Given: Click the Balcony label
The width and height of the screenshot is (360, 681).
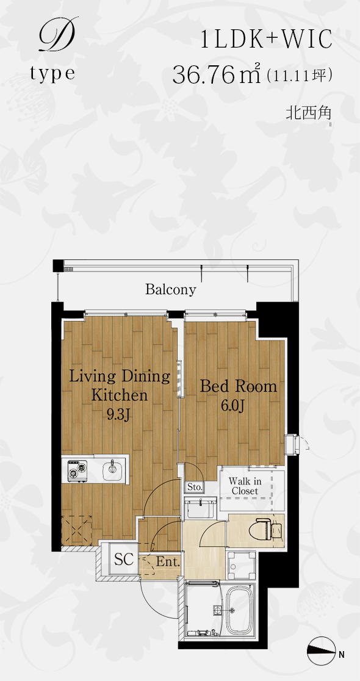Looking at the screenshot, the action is pos(171,289).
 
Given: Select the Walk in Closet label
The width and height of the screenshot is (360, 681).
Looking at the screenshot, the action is pos(245,486).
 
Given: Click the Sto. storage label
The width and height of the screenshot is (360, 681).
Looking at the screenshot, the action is pos(195,488).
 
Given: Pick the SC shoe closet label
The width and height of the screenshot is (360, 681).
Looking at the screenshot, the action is pos(124,559).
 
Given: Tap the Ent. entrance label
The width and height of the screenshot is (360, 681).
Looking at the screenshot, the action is pos(168,562).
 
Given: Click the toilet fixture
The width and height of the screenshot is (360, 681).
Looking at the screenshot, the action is pos(269,527).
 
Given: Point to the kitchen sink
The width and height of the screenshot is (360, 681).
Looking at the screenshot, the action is pos(112,469).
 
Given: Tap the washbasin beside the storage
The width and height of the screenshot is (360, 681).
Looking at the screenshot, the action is pos(201,507).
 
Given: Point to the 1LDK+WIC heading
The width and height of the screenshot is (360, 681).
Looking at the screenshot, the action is pos(266,40).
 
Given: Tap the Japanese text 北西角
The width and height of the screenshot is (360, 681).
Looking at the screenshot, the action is pos(308,113).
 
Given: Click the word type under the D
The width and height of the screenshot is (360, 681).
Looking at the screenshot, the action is pos(52,74).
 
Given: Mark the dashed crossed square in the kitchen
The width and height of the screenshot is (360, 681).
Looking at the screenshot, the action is pos(76,530).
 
